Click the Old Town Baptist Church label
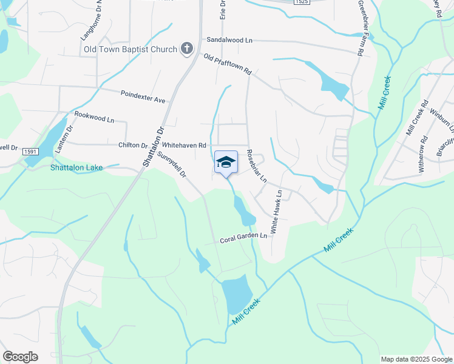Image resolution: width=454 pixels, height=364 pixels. [130, 49]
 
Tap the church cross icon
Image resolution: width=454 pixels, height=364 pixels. [187, 49]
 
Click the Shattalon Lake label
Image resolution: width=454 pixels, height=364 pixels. [76, 167]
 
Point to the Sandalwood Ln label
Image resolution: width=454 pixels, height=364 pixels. [229, 39]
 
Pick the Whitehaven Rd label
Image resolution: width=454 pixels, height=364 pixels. [185, 146]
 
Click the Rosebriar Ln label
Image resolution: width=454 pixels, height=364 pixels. [257, 166]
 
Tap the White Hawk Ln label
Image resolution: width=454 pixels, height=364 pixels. [277, 212]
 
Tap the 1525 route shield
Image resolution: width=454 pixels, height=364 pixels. [301, 2]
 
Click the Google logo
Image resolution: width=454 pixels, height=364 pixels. [20, 357]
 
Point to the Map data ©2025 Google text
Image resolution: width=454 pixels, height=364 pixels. [416, 359]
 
